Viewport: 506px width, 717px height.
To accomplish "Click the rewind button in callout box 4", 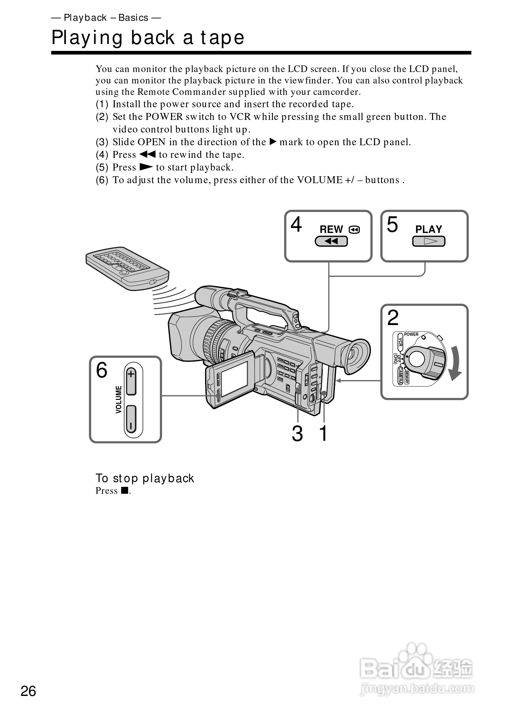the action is pos(331,241).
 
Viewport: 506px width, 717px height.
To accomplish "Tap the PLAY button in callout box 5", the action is pos(429,241).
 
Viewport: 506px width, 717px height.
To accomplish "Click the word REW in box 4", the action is pos(331,230).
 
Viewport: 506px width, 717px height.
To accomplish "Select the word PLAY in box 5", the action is pos(429,229).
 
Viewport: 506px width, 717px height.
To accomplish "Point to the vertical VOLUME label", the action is pos(119,400).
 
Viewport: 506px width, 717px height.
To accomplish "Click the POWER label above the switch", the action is pos(411,334).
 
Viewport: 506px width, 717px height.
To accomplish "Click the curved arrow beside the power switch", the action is pos(455,363).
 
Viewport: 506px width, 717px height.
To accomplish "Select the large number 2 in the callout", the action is pos(393,318).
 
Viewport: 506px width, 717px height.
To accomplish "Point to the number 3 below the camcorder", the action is pos(297,434).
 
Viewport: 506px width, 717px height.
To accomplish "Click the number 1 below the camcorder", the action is pos(323,434).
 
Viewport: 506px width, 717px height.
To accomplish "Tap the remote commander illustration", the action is pos(127,268).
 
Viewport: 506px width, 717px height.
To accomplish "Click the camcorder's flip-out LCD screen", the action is pos(234,378).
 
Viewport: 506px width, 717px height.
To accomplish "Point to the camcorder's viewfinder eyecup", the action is pos(356,356).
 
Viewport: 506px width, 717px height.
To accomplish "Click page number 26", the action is pos(28,691).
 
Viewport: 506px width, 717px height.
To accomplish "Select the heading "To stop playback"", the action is pos(145,478).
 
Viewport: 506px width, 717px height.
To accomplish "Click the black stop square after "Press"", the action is pos(125,490).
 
